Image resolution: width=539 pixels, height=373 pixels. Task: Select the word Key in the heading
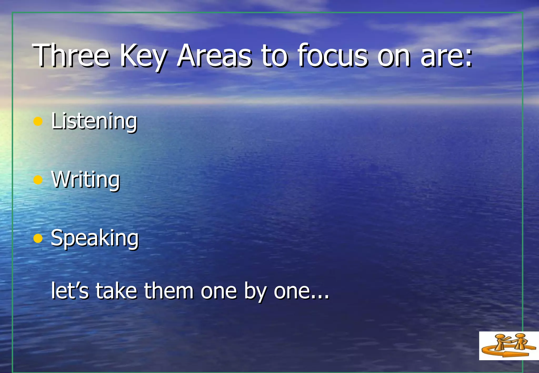(143, 56)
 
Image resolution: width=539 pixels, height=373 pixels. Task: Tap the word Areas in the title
(214, 56)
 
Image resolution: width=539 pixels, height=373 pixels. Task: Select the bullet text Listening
(94, 121)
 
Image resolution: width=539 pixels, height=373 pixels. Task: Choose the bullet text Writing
(86, 180)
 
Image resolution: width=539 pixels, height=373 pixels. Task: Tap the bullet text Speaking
(94, 238)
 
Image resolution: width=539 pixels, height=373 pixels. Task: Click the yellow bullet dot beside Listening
(38, 121)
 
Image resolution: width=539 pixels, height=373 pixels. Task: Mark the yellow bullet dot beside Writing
(38, 180)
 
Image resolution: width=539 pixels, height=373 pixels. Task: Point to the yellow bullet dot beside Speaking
(38, 238)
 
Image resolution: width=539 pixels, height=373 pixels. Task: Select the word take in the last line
(116, 291)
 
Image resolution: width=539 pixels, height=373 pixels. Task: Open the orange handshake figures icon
(508, 345)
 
